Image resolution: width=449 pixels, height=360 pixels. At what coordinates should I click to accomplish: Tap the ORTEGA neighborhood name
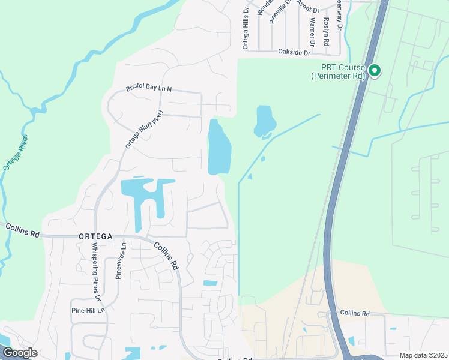point(95,237)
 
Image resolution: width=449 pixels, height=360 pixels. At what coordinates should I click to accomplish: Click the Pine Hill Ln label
point(88,310)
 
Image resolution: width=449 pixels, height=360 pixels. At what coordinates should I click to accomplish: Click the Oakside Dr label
point(294,53)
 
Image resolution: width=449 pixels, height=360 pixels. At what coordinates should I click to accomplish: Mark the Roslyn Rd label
point(327,34)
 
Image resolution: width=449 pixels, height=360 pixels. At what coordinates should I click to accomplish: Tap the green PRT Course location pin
point(375,71)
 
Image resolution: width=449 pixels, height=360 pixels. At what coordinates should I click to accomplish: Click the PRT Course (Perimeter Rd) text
point(338,71)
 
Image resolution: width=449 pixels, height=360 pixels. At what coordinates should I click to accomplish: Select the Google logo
point(20,353)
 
